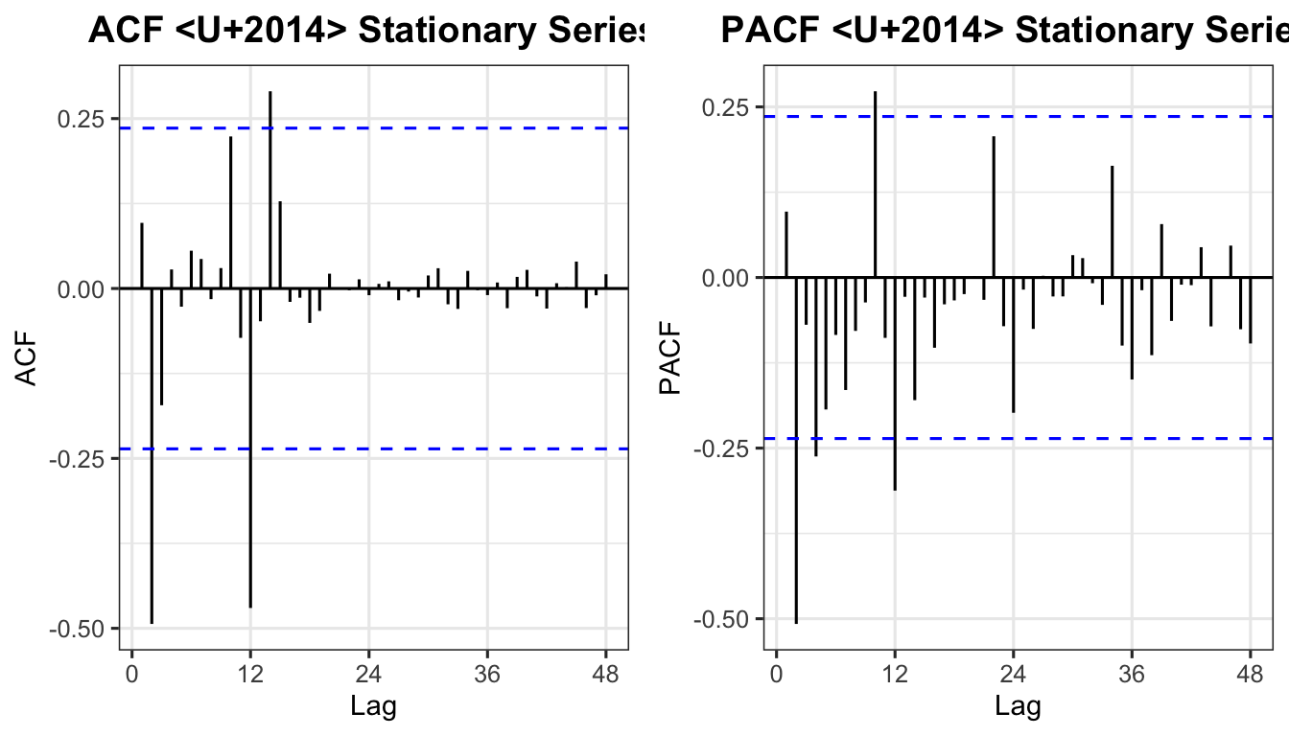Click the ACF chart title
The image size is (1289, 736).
point(364,31)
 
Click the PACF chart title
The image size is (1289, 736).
point(1002,31)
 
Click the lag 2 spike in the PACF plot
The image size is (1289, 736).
point(796,449)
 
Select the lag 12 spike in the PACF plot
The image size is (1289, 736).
point(895,383)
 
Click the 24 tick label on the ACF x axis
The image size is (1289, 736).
point(368,674)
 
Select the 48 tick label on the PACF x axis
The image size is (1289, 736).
point(1251,674)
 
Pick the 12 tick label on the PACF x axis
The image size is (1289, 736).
point(895,674)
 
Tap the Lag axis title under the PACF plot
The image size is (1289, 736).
point(1017,707)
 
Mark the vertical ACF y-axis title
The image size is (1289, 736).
point(28,359)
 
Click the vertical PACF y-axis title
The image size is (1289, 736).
point(672,359)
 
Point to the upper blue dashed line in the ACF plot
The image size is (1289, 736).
point(432,127)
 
